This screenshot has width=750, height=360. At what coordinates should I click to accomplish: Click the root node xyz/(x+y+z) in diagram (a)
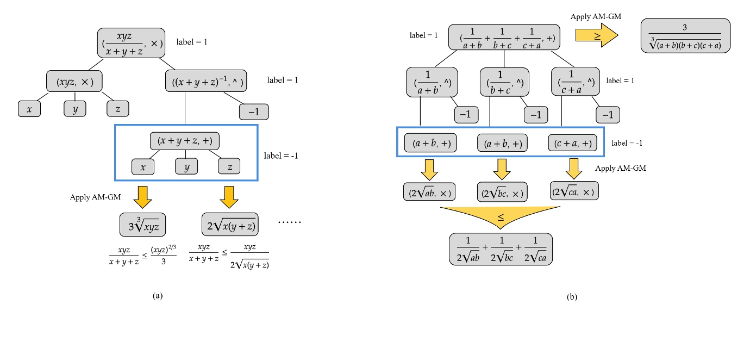(x=131, y=43)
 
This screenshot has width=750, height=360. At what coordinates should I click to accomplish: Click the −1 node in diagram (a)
(x=254, y=111)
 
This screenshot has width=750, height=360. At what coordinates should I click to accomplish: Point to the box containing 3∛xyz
(x=143, y=224)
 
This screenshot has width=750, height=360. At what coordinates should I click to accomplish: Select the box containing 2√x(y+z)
(x=229, y=224)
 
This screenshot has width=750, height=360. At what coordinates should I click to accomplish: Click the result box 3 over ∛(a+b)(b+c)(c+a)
(x=685, y=36)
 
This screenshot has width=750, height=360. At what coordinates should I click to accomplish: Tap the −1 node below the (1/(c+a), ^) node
(x=608, y=115)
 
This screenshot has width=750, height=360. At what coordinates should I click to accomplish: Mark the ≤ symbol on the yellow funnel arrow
(x=501, y=218)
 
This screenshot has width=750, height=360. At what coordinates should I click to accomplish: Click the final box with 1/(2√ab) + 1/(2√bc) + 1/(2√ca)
(x=501, y=249)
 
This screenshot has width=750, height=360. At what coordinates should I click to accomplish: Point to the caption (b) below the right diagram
(x=572, y=297)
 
